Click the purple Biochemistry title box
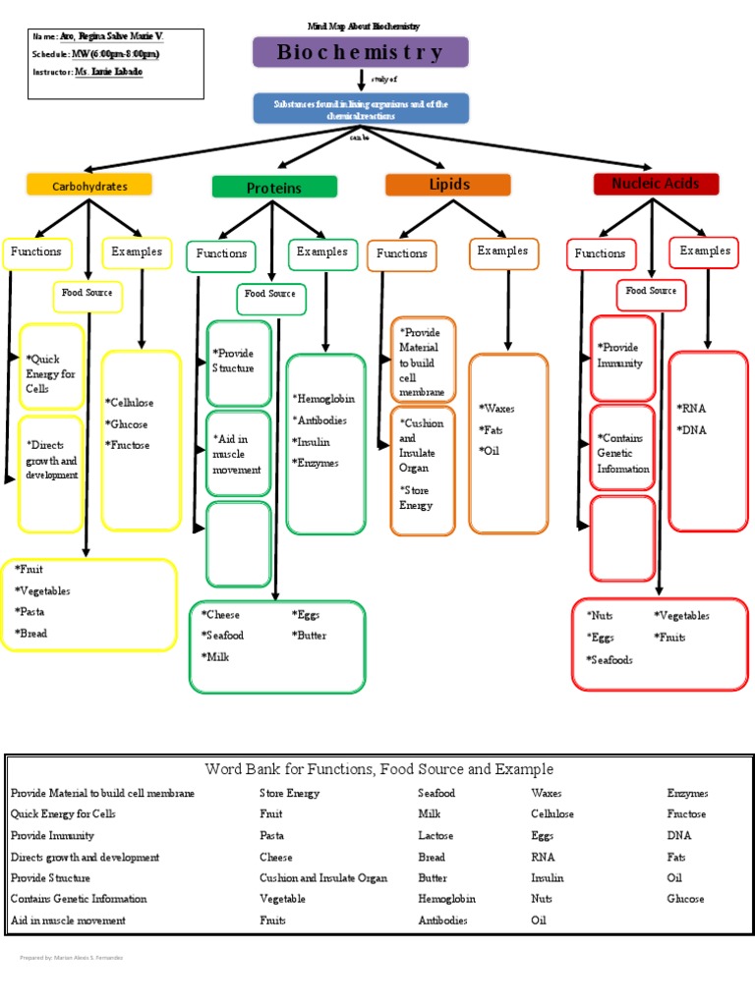tap(361, 52)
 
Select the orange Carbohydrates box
tap(89, 185)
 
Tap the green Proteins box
tap(274, 188)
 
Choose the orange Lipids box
tap(448, 185)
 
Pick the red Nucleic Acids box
tap(656, 184)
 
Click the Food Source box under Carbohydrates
tap(87, 294)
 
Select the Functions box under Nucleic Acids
tap(601, 253)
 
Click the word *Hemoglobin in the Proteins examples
tap(323, 400)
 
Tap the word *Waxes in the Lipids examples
tap(497, 409)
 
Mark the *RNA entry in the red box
tap(691, 408)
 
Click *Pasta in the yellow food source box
tap(30, 612)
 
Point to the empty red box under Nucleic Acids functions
tap(621, 537)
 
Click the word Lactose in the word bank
tap(436, 835)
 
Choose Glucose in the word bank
tap(685, 899)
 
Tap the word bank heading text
tap(379, 769)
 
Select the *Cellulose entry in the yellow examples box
tap(130, 403)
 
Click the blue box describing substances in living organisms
tap(361, 109)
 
